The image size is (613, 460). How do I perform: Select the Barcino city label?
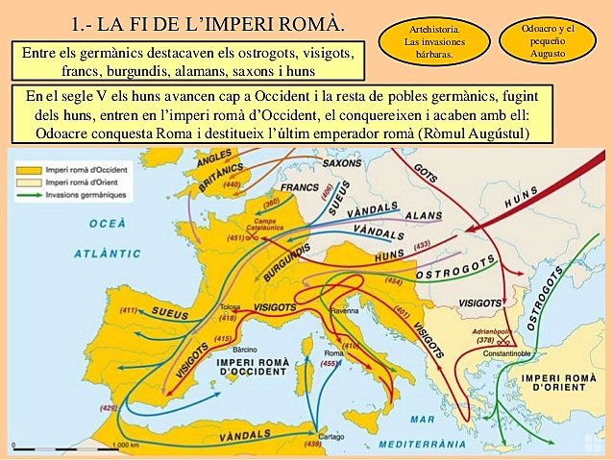pos(245,349)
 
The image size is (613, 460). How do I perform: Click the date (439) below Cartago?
pos(313,444)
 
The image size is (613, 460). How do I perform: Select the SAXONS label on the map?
pos(342,163)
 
